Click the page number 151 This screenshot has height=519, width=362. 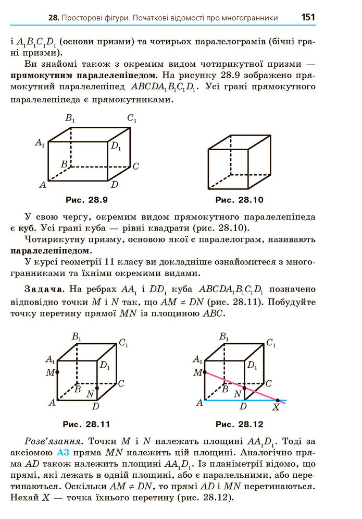click(x=308, y=17)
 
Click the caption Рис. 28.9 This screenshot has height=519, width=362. click(x=86, y=200)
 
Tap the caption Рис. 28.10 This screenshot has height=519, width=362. click(x=240, y=200)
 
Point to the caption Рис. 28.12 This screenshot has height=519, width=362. click(x=240, y=424)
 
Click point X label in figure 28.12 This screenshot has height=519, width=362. click(x=276, y=408)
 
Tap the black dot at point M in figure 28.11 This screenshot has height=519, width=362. click(x=57, y=372)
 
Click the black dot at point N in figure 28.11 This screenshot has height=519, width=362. click(x=97, y=389)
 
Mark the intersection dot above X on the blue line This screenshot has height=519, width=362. click(x=277, y=400)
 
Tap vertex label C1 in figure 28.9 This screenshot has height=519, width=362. click(x=132, y=119)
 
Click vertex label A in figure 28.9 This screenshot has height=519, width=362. click(x=43, y=184)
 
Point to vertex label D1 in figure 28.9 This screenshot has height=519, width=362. click(x=116, y=147)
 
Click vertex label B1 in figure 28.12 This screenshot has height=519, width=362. click(x=224, y=337)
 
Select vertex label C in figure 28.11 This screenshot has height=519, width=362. click(x=121, y=384)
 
